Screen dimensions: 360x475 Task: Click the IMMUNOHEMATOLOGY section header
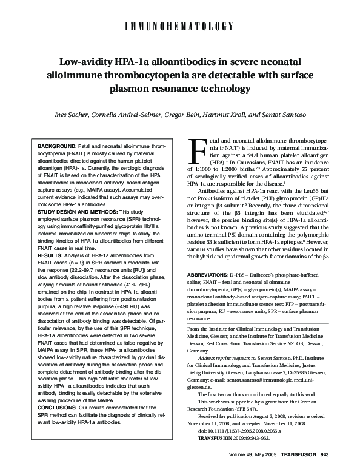tap(180, 26)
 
